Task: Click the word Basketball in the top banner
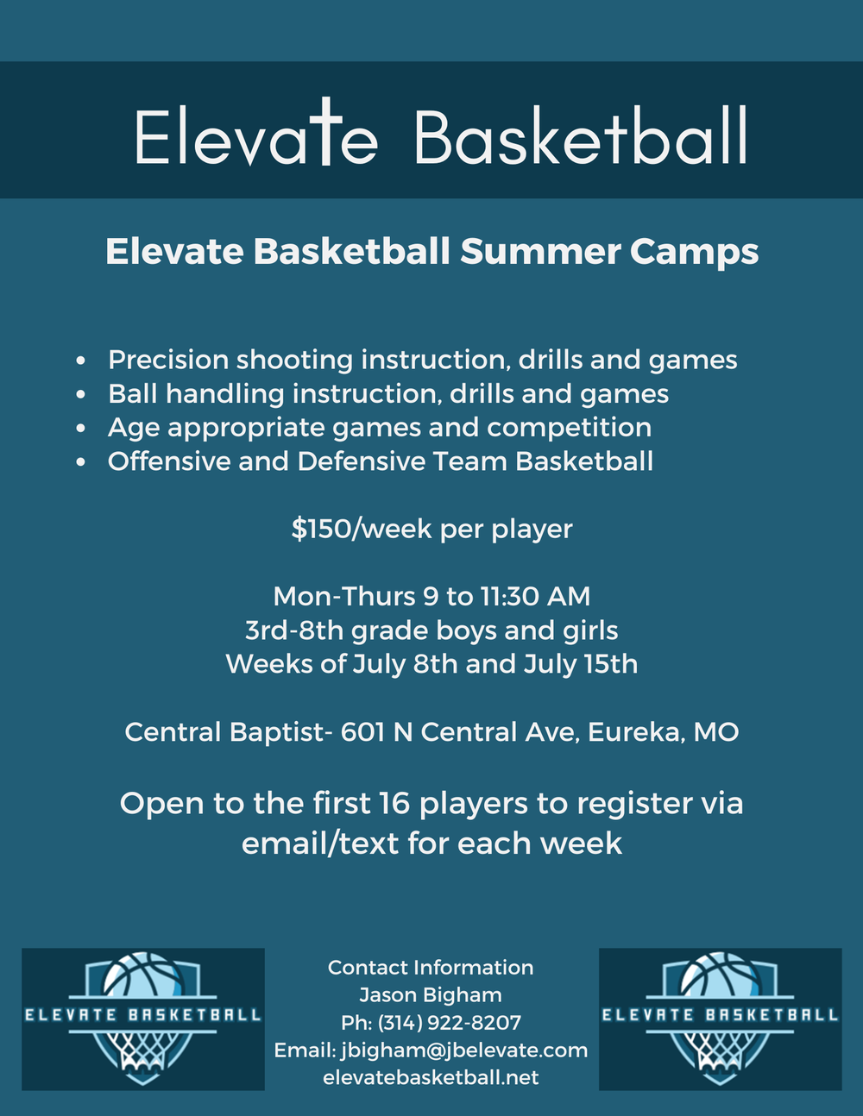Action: pos(580,137)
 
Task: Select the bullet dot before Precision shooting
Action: pos(81,361)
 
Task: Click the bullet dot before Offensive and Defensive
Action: pos(81,462)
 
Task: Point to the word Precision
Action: pos(168,360)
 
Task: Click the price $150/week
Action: pos(362,529)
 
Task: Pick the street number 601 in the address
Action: pos(362,732)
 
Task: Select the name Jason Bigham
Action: pos(431,994)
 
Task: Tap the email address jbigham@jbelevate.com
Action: pos(464,1050)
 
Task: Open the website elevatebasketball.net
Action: pos(431,1077)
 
